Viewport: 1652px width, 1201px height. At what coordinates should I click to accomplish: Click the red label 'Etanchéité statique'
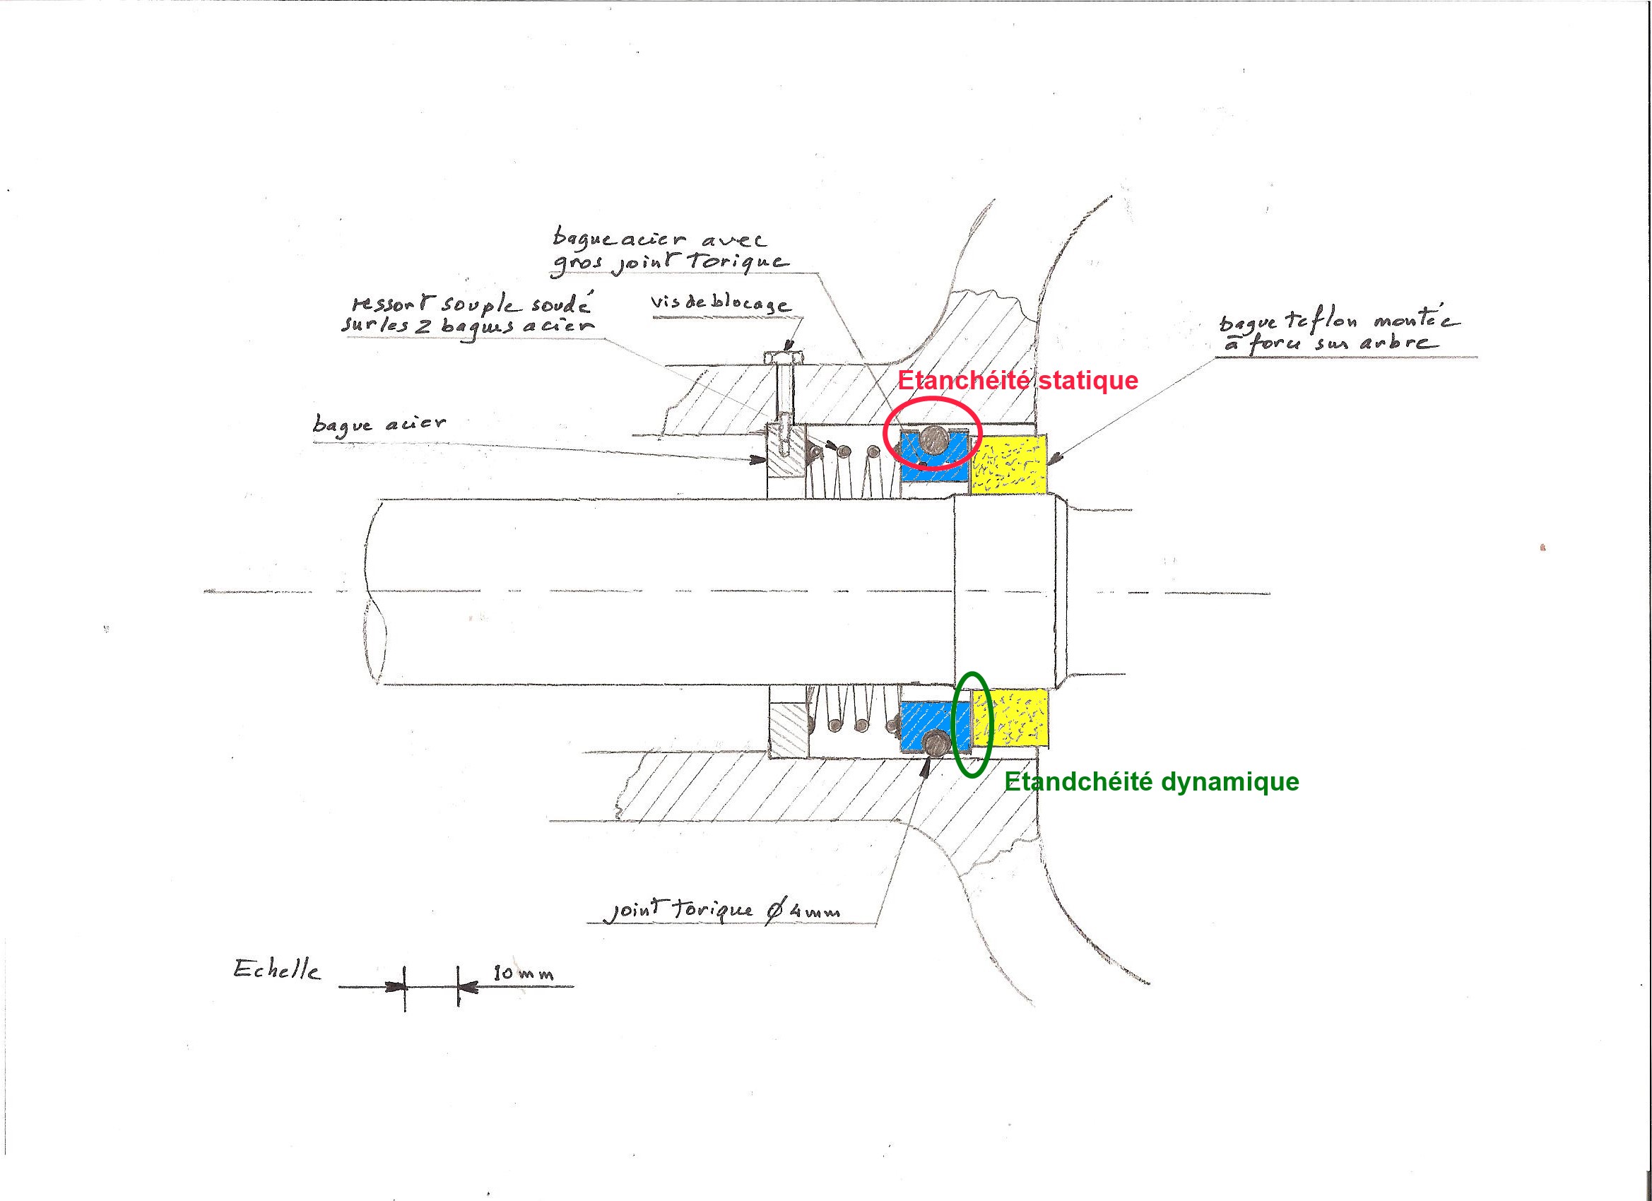(1017, 380)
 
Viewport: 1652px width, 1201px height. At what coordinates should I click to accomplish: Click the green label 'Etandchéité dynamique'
(1152, 781)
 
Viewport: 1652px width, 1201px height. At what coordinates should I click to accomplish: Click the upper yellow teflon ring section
(1011, 463)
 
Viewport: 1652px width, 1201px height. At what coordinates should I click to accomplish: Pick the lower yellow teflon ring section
(1013, 720)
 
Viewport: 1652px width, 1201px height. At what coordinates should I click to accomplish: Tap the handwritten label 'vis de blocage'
(719, 303)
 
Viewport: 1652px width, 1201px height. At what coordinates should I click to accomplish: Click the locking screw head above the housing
(784, 357)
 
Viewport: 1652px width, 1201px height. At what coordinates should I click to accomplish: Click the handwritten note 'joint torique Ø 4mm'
(724, 911)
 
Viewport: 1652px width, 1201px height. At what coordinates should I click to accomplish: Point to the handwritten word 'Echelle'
(277, 969)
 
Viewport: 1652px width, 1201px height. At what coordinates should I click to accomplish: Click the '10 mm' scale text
(523, 973)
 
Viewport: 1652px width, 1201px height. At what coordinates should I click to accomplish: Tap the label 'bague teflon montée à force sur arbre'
(1338, 331)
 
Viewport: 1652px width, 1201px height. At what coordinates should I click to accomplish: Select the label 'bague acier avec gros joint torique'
(668, 251)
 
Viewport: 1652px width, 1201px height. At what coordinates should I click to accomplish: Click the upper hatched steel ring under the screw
(785, 463)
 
